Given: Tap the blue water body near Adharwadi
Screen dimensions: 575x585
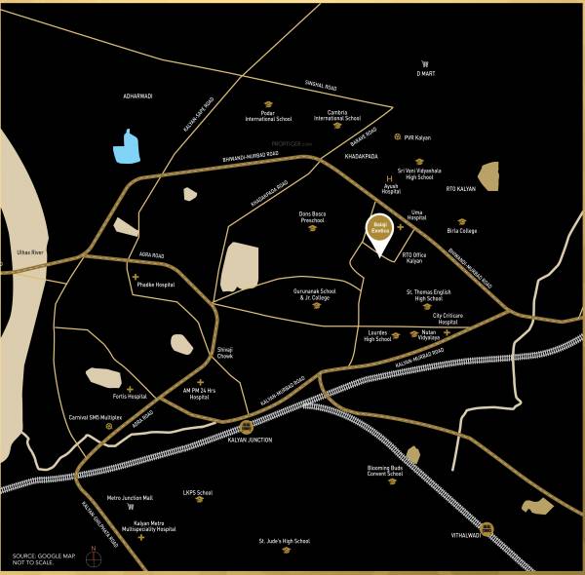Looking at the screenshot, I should [127, 146].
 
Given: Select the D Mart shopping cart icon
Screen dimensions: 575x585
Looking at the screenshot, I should [425, 63].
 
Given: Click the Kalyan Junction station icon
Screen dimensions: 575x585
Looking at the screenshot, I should [247, 427].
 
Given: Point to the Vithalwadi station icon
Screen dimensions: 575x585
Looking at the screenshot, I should [487, 530].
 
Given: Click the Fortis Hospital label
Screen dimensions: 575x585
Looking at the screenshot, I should [129, 397].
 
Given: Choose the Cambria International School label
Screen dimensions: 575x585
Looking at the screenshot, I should [337, 116].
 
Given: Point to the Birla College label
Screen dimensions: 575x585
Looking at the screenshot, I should [462, 231].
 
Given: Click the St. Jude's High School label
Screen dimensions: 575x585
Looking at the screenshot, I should [284, 540].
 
